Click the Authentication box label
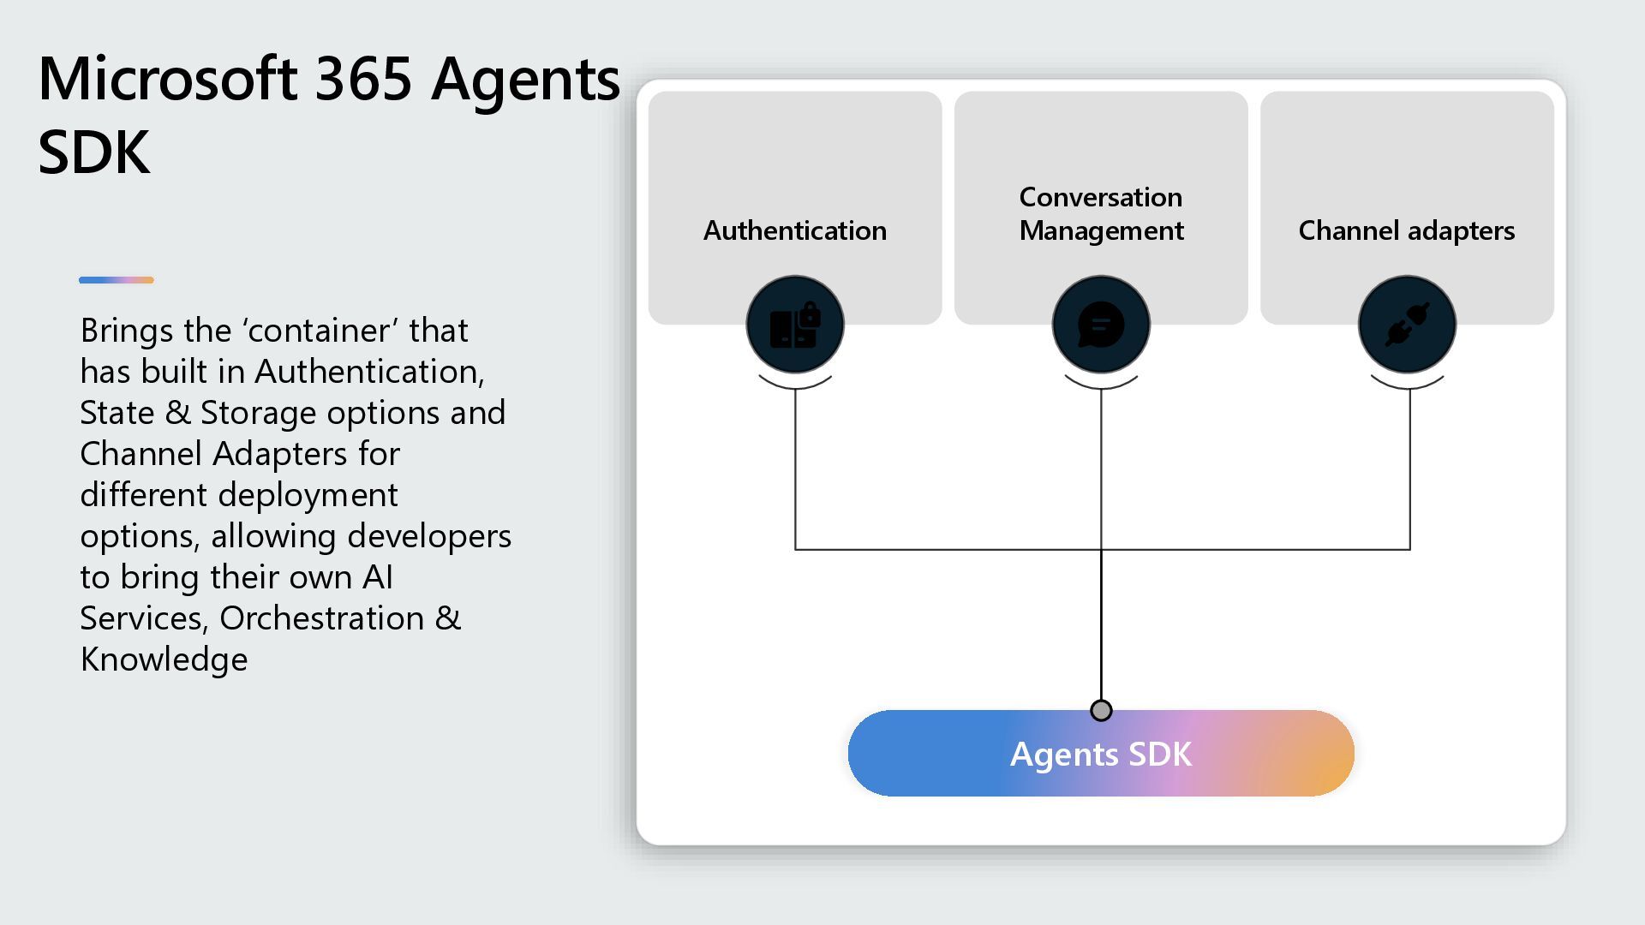[794, 230]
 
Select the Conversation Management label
[1101, 214]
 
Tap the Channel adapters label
[1406, 230]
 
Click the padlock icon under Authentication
[795, 325]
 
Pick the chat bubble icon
[1101, 325]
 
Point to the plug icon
[1407, 325]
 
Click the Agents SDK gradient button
[1101, 754]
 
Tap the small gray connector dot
[1101, 710]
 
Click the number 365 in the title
[364, 79]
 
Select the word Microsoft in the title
[168, 79]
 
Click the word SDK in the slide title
[94, 152]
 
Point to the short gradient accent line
[117, 280]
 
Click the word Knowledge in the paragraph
[164, 659]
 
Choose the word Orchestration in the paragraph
[322, 618]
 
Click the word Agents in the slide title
[525, 79]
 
